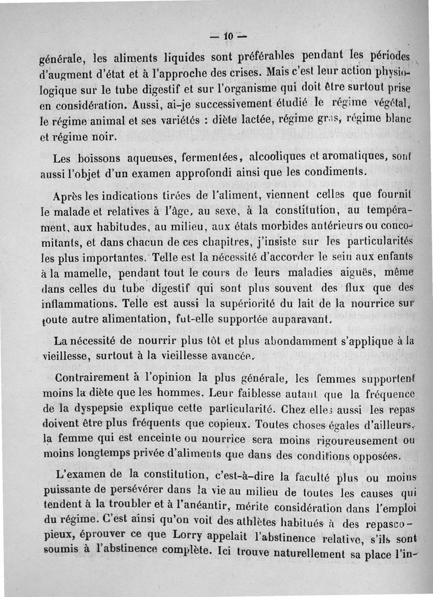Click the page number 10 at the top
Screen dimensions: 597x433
(227, 37)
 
